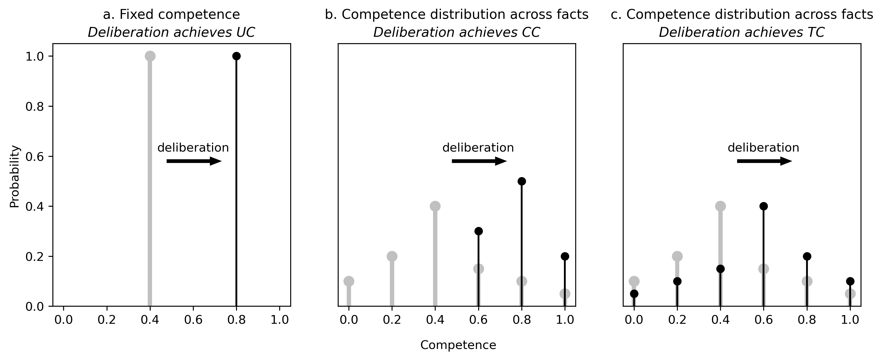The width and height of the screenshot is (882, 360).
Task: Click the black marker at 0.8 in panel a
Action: click(236, 56)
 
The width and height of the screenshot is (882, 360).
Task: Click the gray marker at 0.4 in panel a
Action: click(150, 56)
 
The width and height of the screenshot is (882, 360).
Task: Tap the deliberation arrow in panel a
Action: click(194, 161)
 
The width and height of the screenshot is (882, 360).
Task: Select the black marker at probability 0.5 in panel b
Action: click(521, 181)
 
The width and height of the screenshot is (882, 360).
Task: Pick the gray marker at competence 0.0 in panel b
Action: click(348, 281)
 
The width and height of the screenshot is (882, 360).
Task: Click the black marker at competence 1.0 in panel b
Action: click(565, 256)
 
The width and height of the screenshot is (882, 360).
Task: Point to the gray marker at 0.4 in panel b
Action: click(435, 206)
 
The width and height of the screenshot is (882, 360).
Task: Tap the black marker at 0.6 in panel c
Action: click(764, 206)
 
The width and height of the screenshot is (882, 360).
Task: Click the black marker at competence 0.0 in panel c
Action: click(634, 294)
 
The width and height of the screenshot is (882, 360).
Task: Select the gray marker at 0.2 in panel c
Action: click(677, 256)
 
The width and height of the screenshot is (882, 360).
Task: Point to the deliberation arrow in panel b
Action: click(479, 161)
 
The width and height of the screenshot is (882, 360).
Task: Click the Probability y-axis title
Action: click(15, 177)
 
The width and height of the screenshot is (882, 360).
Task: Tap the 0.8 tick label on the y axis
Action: click(34, 107)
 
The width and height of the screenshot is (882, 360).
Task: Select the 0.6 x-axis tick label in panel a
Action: click(193, 320)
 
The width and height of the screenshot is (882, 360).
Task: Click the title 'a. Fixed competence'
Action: click(171, 15)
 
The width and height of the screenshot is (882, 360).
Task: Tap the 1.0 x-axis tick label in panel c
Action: click(850, 320)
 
